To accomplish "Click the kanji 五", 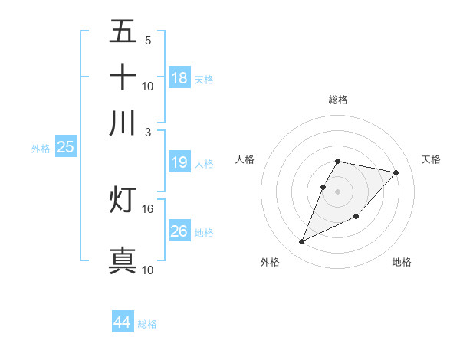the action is point(123,32).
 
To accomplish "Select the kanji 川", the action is point(123,123).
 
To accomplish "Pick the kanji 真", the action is point(123,260).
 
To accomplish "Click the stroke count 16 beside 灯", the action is point(148,208).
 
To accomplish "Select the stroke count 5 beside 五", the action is point(148,41).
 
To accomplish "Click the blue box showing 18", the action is point(179,77).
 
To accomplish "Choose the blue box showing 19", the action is point(179,162).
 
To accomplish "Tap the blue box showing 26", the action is point(179,231).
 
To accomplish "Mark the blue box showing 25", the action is point(65,147).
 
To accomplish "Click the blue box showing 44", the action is point(122,322).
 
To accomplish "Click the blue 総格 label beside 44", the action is point(147,324).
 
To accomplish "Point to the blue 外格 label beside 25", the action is point(40,149).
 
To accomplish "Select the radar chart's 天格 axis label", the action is point(431,159).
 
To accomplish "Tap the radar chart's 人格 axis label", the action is point(245,159).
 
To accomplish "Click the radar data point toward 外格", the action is point(302,242).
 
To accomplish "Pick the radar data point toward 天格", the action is point(396,172).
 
